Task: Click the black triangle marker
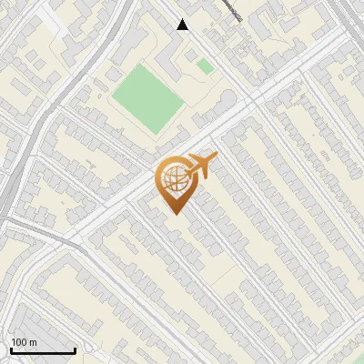click(x=183, y=25)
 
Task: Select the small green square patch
click(x=206, y=66)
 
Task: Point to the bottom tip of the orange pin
click(x=173, y=213)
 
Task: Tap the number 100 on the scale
click(x=19, y=342)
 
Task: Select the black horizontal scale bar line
click(x=42, y=350)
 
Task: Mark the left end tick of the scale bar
click(x=10, y=349)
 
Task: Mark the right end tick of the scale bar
click(x=75, y=349)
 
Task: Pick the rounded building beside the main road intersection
click(x=221, y=104)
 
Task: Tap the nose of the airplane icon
click(x=217, y=160)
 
